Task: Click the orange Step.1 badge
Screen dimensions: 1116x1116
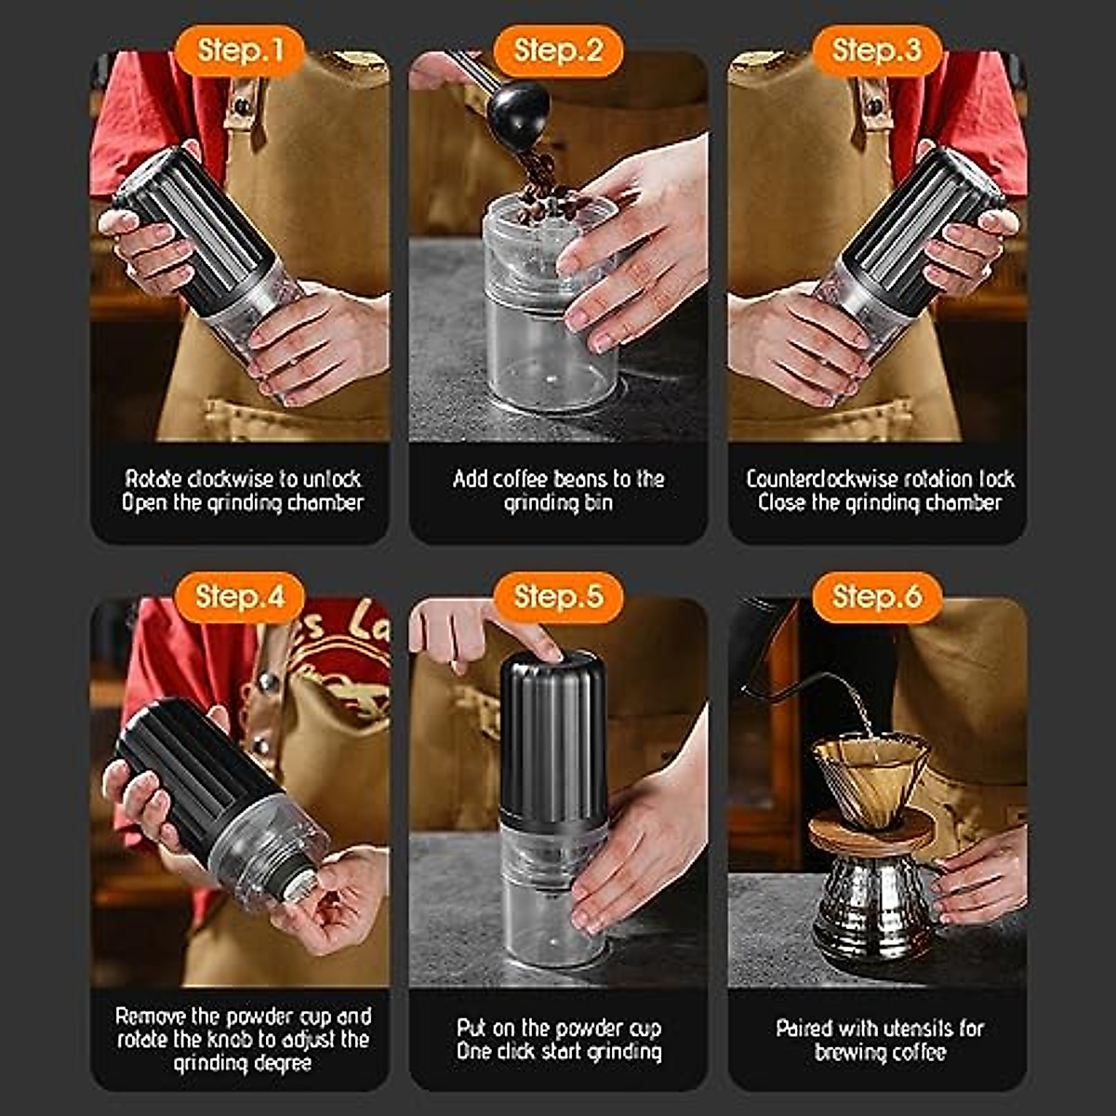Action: click(x=240, y=50)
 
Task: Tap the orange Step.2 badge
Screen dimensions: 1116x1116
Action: click(x=558, y=50)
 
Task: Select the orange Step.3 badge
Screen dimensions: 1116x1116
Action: click(x=877, y=50)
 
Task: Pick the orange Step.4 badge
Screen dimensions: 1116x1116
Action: click(x=240, y=596)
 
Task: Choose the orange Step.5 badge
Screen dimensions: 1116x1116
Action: click(x=558, y=596)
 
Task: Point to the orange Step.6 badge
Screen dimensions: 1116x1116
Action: click(x=877, y=596)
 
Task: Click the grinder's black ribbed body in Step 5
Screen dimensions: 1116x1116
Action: click(x=553, y=736)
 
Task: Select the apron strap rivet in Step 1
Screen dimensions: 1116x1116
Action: click(x=242, y=106)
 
